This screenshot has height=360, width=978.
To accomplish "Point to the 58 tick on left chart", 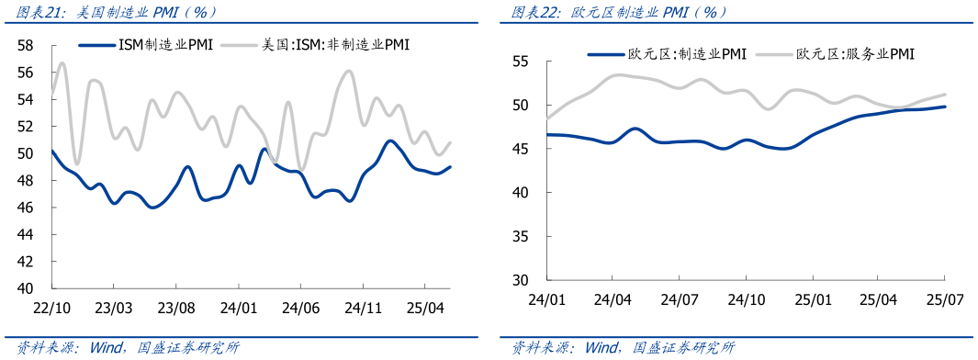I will (x=27, y=45).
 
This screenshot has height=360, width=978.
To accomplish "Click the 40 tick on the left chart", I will (x=27, y=287).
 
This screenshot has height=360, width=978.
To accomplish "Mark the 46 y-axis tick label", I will (x=27, y=208).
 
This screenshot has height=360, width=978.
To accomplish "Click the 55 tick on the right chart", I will (x=520, y=62).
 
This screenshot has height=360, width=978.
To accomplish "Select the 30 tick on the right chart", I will (x=520, y=279).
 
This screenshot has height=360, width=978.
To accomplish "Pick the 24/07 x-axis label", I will (x=680, y=299).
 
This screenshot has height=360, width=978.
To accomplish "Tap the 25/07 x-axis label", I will (x=945, y=299).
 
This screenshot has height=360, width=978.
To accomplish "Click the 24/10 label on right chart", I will (x=746, y=299).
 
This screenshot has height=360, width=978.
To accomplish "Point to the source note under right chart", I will (x=624, y=348).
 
